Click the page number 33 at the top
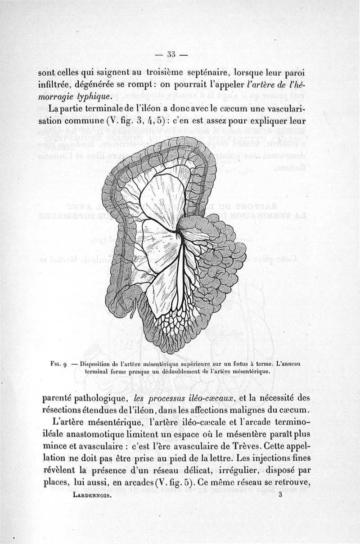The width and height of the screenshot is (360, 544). [x=171, y=54]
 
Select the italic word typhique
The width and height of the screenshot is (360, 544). [x=91, y=97]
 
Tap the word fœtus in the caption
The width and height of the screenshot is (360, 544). [x=238, y=363]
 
